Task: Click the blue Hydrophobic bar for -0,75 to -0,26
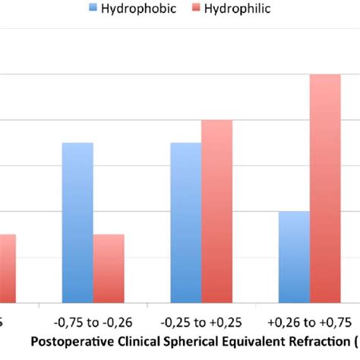(x=77, y=223)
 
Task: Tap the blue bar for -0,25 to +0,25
(x=186, y=223)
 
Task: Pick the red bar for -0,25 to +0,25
(x=217, y=212)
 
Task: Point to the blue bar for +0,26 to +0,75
(x=294, y=257)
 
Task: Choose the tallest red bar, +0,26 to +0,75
(x=325, y=189)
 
